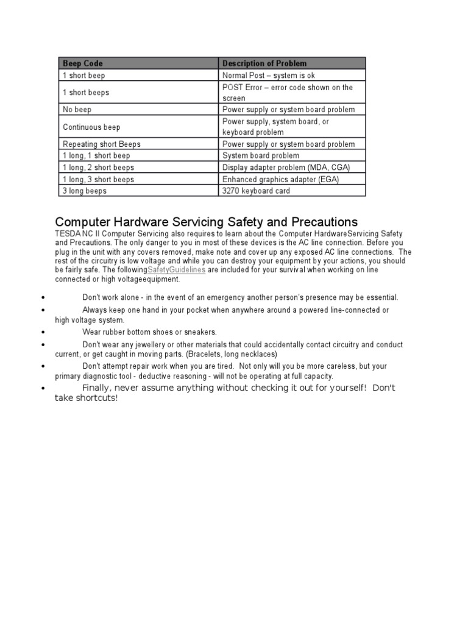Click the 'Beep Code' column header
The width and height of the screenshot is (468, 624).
tap(83, 63)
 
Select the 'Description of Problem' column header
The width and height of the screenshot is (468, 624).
tap(264, 63)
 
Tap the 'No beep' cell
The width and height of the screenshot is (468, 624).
tap(77, 110)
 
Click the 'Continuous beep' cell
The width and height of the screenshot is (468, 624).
tap(91, 127)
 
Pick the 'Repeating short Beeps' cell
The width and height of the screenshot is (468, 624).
tap(102, 144)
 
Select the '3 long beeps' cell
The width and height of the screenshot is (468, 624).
tap(85, 191)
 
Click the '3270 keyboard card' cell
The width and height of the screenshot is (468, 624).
tap(256, 191)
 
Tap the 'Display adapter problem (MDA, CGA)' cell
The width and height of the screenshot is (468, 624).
tap(286, 168)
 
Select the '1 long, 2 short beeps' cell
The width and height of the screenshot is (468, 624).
tap(99, 168)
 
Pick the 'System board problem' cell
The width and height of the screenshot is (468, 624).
tap(261, 156)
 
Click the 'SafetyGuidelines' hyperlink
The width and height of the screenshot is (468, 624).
tap(177, 269)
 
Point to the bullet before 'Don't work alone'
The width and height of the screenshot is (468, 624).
tap(44, 298)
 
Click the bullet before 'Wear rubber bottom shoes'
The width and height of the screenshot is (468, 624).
tap(44, 333)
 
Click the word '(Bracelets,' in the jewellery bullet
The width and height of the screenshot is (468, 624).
tap(208, 354)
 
